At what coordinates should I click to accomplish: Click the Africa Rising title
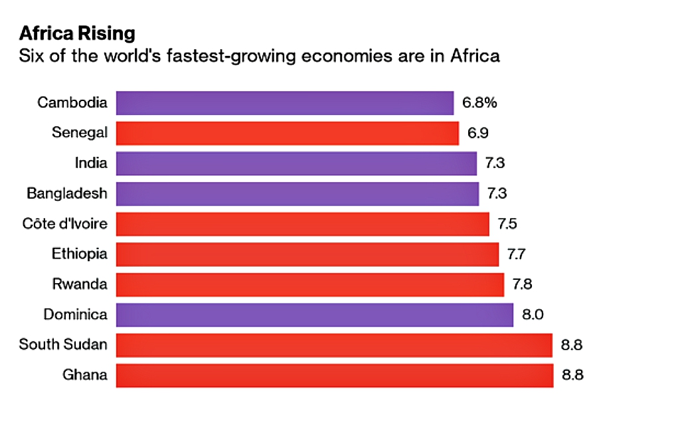tap(77, 33)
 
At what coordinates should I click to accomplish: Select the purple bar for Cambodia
tap(284, 103)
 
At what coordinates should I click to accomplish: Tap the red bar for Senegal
tap(287, 133)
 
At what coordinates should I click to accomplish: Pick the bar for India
tap(296, 163)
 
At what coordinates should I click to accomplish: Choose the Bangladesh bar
tap(297, 194)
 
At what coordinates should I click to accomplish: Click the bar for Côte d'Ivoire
tap(302, 224)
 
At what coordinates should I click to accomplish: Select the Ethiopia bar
tap(307, 255)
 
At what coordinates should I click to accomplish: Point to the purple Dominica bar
tap(314, 315)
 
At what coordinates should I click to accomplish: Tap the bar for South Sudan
tap(334, 345)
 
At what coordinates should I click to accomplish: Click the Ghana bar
tap(334, 375)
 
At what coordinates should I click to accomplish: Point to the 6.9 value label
tap(477, 133)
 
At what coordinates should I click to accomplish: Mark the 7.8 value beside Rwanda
tap(522, 284)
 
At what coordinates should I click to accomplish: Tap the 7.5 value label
tap(508, 224)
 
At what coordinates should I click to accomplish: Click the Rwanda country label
tap(80, 284)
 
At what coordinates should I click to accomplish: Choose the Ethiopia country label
tap(80, 255)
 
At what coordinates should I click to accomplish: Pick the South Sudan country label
tap(63, 345)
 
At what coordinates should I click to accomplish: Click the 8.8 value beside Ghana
tap(572, 375)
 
